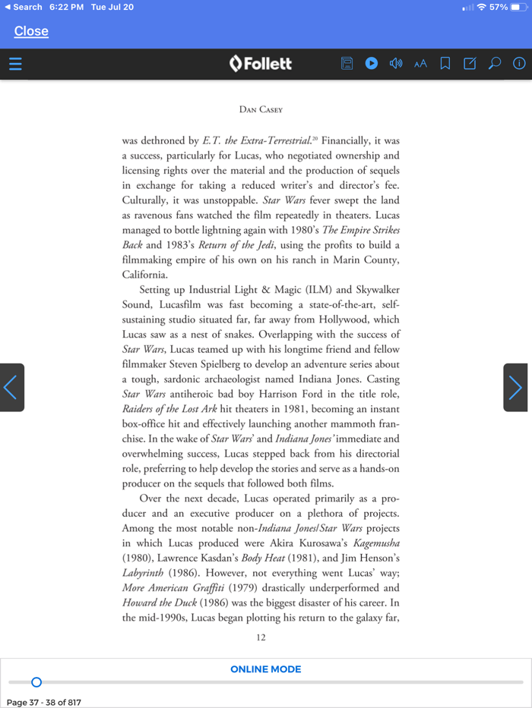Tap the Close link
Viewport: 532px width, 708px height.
[x=31, y=31]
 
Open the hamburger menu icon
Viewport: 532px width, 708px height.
[x=14, y=64]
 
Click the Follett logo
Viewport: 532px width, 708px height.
[x=261, y=64]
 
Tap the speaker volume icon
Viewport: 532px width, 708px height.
[x=395, y=64]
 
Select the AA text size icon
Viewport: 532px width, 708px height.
[x=420, y=64]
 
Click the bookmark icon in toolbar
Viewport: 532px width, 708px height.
[x=445, y=64]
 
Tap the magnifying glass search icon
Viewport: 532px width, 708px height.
[x=495, y=64]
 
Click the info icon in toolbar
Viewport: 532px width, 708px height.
[x=519, y=64]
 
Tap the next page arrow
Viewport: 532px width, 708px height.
[x=516, y=388]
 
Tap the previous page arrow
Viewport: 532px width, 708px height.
[x=11, y=388]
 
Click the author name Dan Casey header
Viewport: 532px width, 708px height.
[x=261, y=109]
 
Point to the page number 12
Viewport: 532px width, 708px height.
[x=261, y=638]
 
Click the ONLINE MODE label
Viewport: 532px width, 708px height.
[x=266, y=669]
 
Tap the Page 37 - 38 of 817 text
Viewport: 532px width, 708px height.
[x=44, y=702]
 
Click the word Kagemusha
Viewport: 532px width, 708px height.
[x=375, y=543]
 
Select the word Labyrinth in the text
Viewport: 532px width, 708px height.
[x=145, y=573]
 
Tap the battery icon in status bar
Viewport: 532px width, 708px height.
[x=520, y=7]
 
